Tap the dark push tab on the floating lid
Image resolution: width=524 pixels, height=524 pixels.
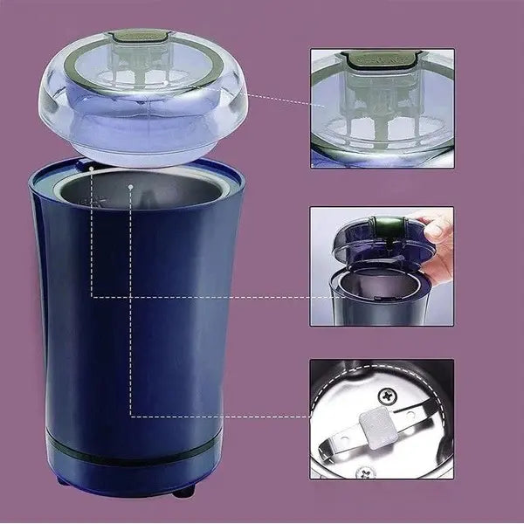tap(141, 37)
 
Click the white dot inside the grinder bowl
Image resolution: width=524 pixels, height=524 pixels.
tap(130, 185)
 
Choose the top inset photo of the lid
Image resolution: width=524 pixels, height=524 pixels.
tap(382, 107)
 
